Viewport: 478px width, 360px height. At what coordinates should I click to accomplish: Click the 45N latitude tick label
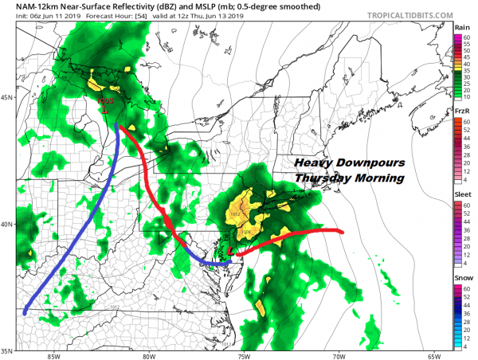click(x=8, y=98)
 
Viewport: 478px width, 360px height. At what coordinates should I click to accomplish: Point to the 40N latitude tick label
click(x=8, y=224)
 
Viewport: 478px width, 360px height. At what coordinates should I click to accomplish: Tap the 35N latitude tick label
click(x=8, y=350)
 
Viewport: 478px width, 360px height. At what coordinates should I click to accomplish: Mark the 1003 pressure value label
click(x=105, y=100)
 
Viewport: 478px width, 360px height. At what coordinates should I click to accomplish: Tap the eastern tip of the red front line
click(x=343, y=232)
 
